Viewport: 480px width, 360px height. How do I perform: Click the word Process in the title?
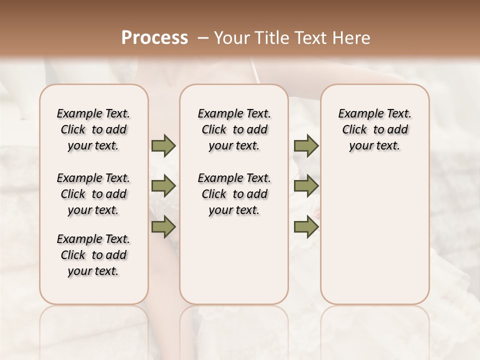(154, 38)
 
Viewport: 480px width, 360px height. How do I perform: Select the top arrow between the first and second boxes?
(163, 145)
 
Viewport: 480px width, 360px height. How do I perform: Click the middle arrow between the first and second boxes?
(163, 186)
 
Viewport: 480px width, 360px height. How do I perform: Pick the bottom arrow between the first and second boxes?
(163, 227)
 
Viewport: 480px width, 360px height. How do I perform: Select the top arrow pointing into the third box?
(306, 145)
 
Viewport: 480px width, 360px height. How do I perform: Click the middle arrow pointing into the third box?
(306, 186)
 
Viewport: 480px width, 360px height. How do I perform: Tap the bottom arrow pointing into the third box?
(306, 227)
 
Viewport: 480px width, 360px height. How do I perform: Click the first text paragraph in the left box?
(93, 129)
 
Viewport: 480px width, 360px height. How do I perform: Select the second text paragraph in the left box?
(93, 194)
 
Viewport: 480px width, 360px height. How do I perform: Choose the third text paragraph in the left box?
(93, 255)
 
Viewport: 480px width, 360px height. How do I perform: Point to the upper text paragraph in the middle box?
(234, 129)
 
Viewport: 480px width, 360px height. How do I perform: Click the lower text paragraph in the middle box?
(234, 194)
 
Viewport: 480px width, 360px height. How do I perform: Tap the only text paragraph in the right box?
(374, 129)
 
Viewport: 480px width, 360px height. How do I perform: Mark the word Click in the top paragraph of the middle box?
(214, 130)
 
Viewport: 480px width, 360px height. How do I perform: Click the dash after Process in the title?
(202, 38)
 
